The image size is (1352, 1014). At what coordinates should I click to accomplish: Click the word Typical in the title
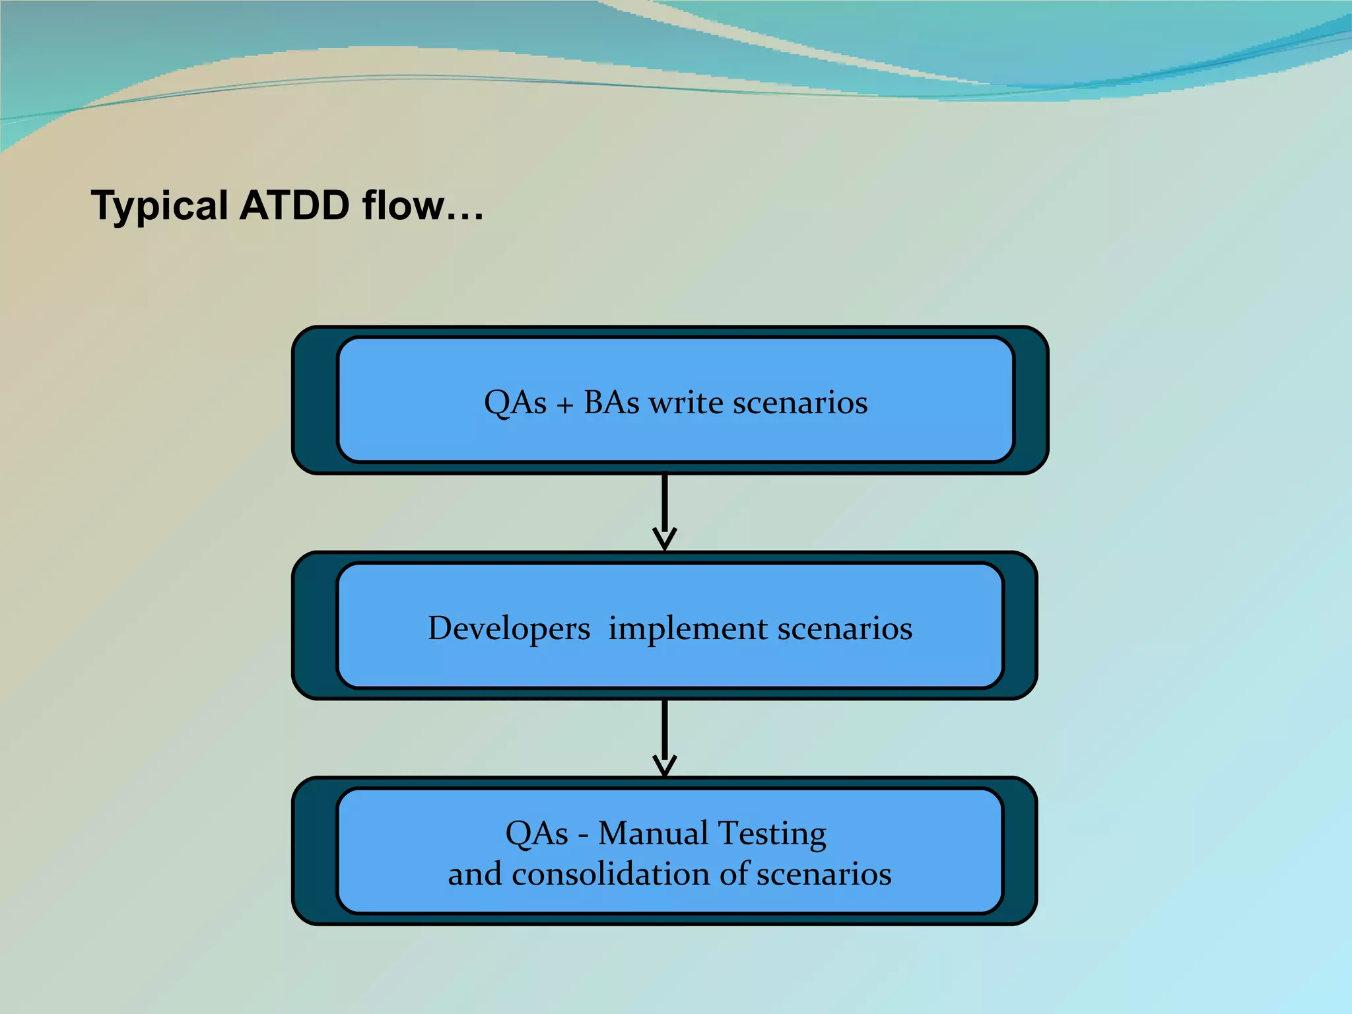coord(159,206)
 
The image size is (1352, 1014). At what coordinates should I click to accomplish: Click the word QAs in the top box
coord(515,403)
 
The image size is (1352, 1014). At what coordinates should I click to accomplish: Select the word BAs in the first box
coord(611,403)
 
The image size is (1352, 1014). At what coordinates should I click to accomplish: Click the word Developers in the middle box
coord(509,629)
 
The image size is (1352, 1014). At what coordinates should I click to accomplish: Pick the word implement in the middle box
coord(687,629)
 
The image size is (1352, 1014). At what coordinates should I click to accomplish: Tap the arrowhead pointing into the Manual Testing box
coord(664,766)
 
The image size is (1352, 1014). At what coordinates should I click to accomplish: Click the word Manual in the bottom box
coord(654,833)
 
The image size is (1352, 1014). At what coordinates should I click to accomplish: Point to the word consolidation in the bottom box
coord(611,874)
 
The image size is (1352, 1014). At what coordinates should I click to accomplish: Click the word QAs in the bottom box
coord(536,834)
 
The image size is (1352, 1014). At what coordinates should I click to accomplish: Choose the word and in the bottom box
coord(475,874)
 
